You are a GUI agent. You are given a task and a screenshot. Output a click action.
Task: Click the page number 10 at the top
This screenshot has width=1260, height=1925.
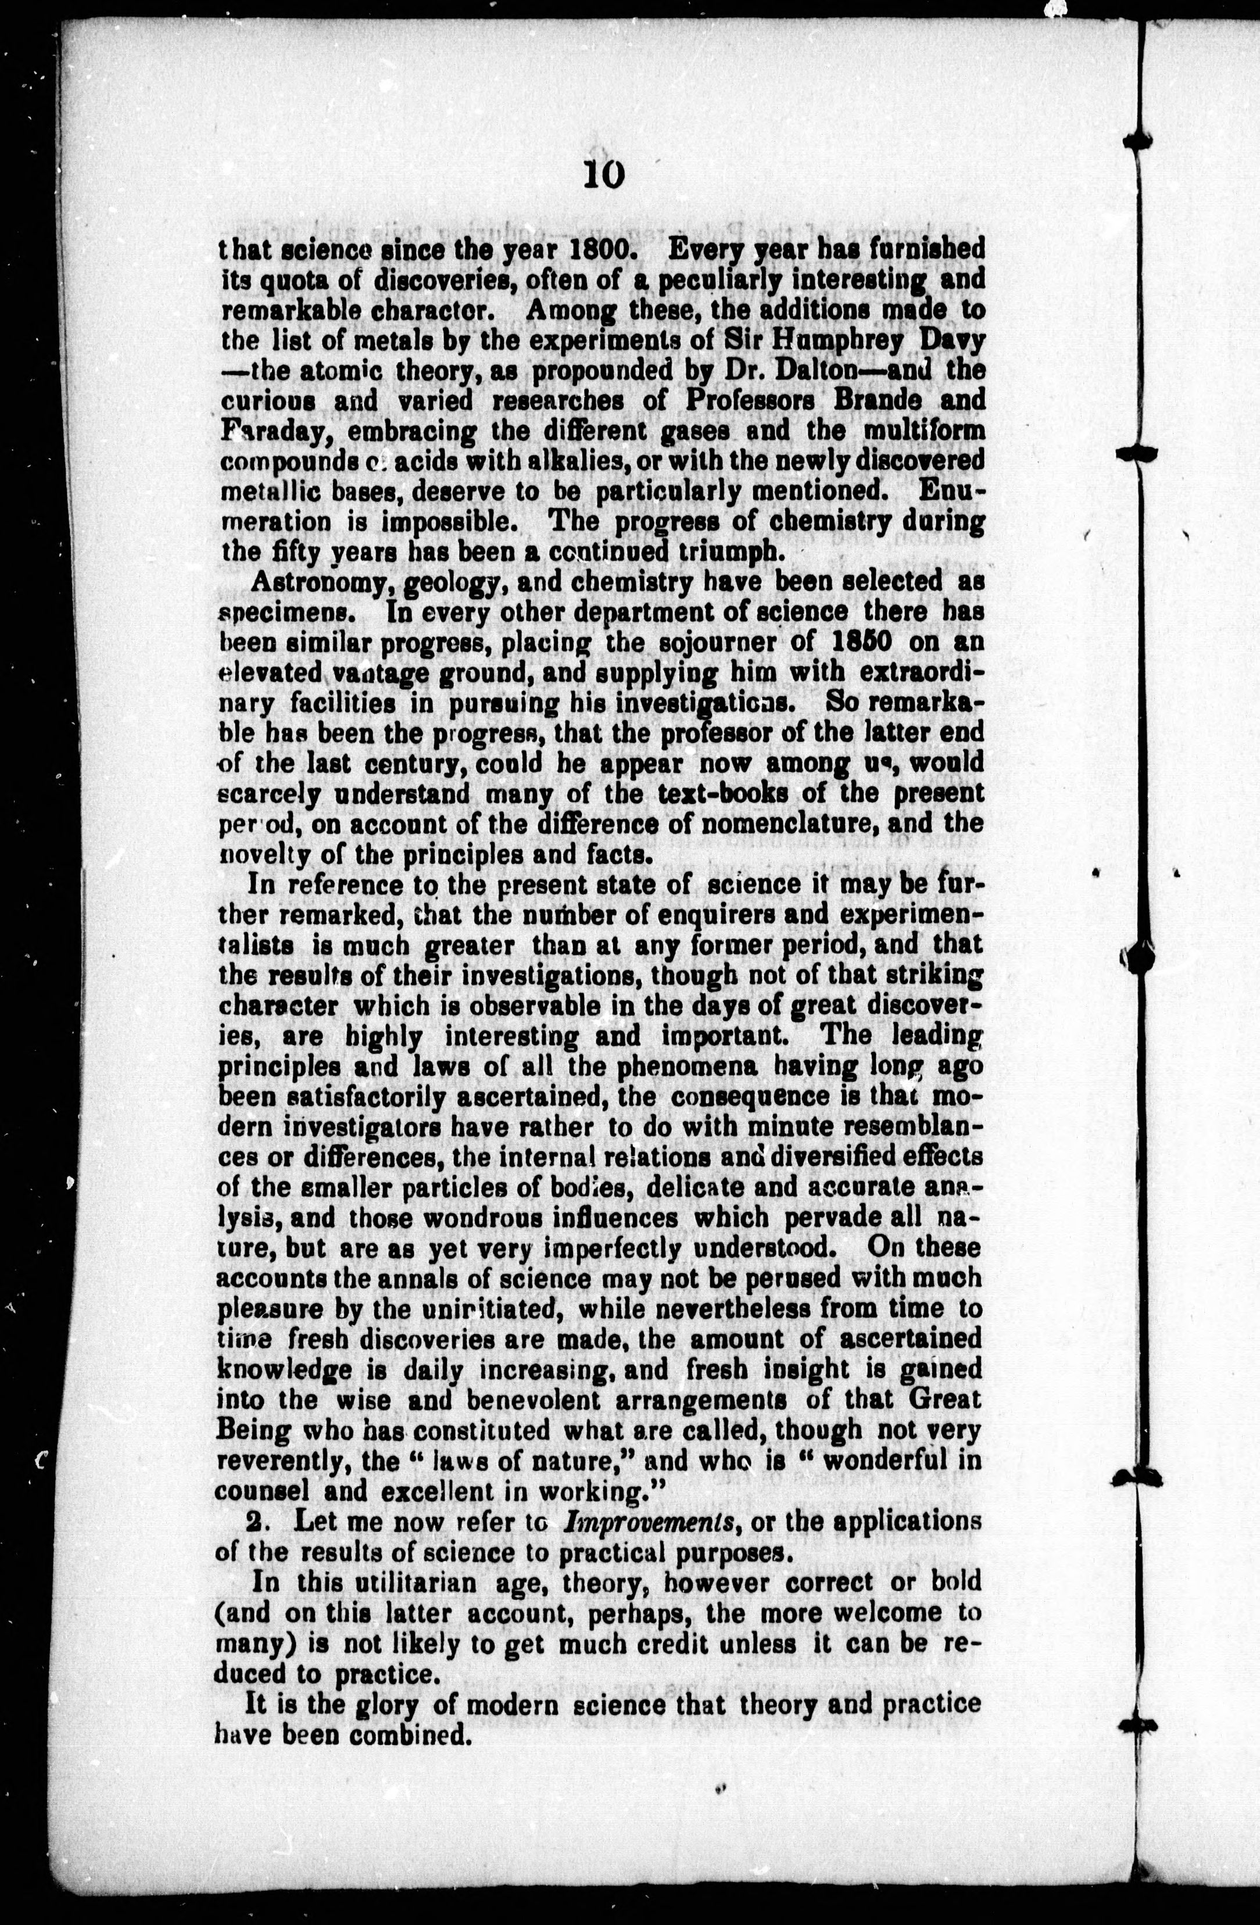pyautogui.click(x=603, y=174)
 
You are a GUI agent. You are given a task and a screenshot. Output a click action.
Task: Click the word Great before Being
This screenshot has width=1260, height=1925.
pyautogui.click(x=944, y=1399)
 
